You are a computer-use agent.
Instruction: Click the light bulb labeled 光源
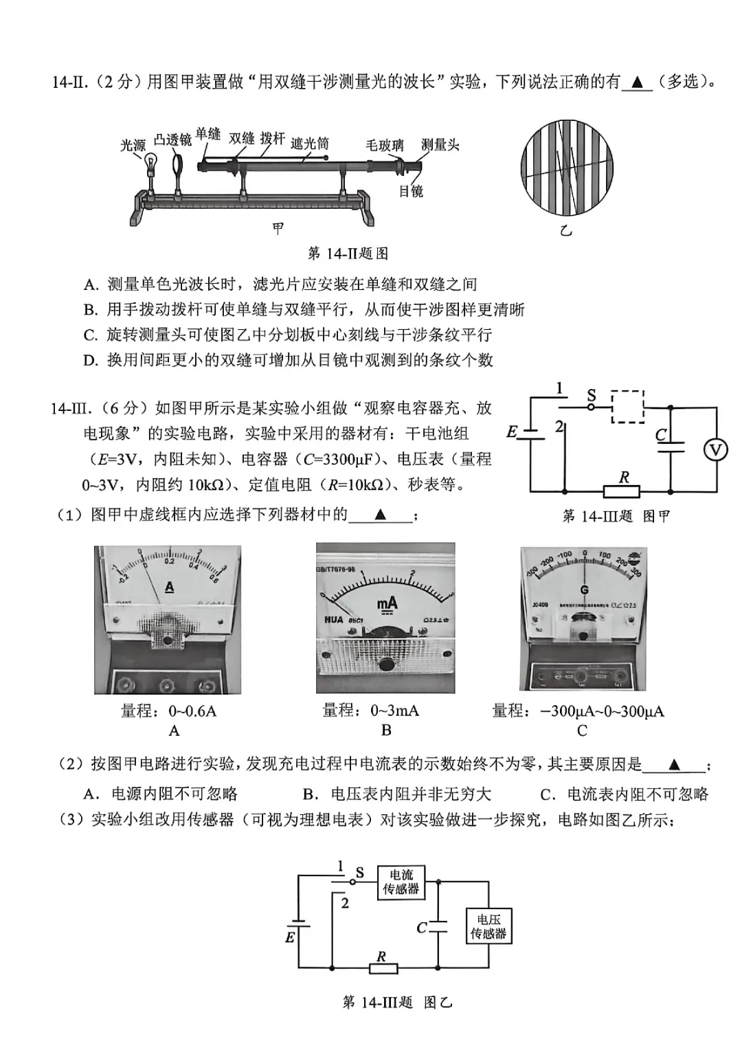tap(150, 164)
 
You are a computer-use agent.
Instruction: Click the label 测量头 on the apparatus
tap(440, 145)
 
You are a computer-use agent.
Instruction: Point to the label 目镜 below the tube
tap(411, 192)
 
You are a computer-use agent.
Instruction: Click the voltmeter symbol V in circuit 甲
tap(715, 449)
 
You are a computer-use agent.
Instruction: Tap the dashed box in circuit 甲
tap(627, 407)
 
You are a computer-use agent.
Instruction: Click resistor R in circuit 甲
tap(621, 491)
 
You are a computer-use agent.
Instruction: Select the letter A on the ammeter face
tap(169, 588)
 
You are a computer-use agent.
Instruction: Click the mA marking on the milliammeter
tap(387, 603)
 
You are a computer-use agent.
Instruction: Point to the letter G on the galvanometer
tap(585, 590)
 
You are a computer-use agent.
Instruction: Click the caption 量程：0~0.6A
tap(168, 711)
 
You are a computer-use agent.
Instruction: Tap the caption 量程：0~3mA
tap(370, 710)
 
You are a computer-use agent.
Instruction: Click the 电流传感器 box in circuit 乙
tap(401, 882)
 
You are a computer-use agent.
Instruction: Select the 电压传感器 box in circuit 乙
tap(488, 926)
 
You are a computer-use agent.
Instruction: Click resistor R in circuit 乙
tap(383, 968)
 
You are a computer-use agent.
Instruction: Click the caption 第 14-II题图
tap(348, 254)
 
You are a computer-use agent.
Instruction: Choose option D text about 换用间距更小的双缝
tap(289, 360)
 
